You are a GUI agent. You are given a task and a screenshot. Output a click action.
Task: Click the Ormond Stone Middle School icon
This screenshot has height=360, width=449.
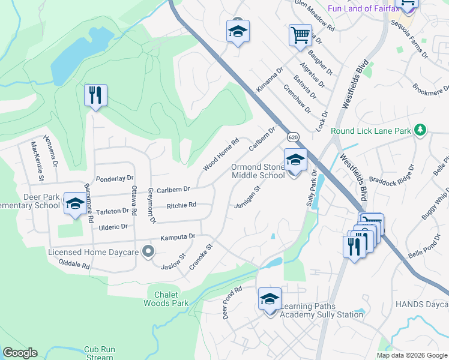point(295,160)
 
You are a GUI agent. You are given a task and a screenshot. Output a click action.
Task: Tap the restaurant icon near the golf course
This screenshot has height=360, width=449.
point(95,95)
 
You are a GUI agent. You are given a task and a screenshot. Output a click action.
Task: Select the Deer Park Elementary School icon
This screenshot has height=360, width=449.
point(75,203)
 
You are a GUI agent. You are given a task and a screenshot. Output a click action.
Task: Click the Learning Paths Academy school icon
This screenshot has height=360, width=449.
point(270,299)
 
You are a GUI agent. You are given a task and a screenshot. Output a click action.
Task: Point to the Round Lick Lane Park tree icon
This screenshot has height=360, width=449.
point(420,130)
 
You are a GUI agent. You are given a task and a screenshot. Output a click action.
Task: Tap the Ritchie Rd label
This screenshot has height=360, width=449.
point(181,205)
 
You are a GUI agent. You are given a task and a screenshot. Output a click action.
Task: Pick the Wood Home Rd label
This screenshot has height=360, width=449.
point(221,154)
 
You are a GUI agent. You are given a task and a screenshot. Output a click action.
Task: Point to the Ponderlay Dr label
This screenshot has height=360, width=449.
point(115,179)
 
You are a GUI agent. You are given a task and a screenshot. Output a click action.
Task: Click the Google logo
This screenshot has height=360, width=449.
point(20,353)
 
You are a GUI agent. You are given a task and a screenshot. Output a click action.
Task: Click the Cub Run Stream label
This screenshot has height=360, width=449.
point(99,353)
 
